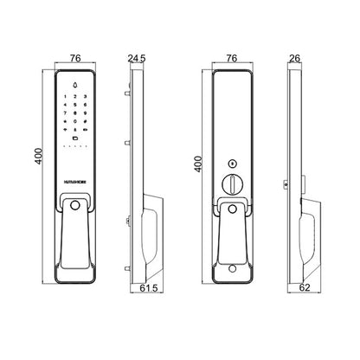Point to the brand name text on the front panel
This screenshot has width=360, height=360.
tap(75, 173)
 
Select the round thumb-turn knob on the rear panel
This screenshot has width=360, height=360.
tap(233, 183)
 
